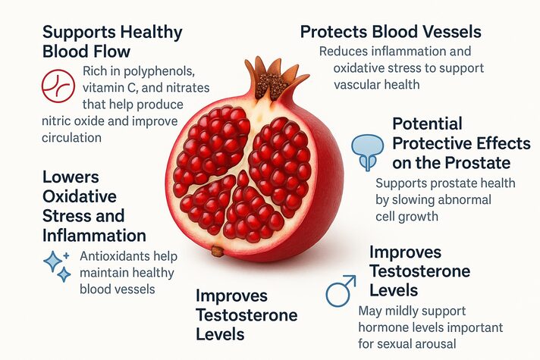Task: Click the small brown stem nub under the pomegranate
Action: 218,250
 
